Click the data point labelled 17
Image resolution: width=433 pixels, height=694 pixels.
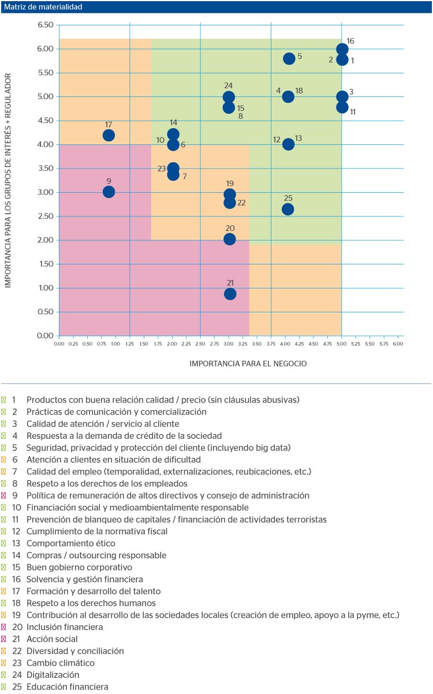(109, 135)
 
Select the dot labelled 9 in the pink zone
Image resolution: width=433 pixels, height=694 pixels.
(109, 192)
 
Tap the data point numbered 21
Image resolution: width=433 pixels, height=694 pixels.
(230, 294)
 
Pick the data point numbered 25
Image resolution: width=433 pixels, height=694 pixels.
(288, 209)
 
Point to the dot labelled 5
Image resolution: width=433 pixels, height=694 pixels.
(289, 58)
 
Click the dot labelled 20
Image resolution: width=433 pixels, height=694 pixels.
(230, 239)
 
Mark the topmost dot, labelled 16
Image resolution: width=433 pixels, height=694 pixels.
(342, 49)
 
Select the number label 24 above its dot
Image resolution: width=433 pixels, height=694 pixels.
(229, 85)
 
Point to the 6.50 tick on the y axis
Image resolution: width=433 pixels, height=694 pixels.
(45, 25)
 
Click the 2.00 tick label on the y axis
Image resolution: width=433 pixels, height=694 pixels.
(45, 240)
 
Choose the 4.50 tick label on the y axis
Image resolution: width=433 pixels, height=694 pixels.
(45, 121)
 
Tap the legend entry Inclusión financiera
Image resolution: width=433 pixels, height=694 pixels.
(65, 627)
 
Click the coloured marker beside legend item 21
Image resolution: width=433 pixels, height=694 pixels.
(4, 639)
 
